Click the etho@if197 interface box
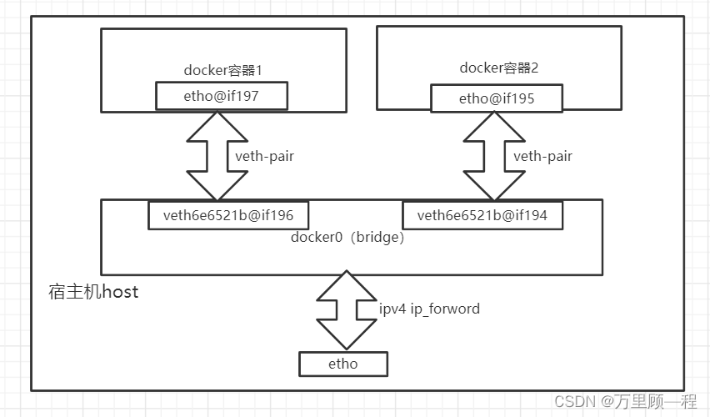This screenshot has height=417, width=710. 222,96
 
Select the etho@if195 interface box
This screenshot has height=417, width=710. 496,98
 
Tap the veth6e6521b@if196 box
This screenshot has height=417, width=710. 227,216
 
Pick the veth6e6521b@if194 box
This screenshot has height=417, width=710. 482,216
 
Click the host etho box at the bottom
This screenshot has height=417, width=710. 342,364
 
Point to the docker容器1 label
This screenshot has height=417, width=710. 222,70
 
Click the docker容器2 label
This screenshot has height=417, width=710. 498,68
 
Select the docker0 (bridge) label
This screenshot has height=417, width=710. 347,238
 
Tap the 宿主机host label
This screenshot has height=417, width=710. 93,292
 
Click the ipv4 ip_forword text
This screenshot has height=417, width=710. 429,309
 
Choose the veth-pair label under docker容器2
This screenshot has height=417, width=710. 542,156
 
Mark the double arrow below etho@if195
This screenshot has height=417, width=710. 495,156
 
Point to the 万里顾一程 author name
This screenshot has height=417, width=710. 656,401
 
